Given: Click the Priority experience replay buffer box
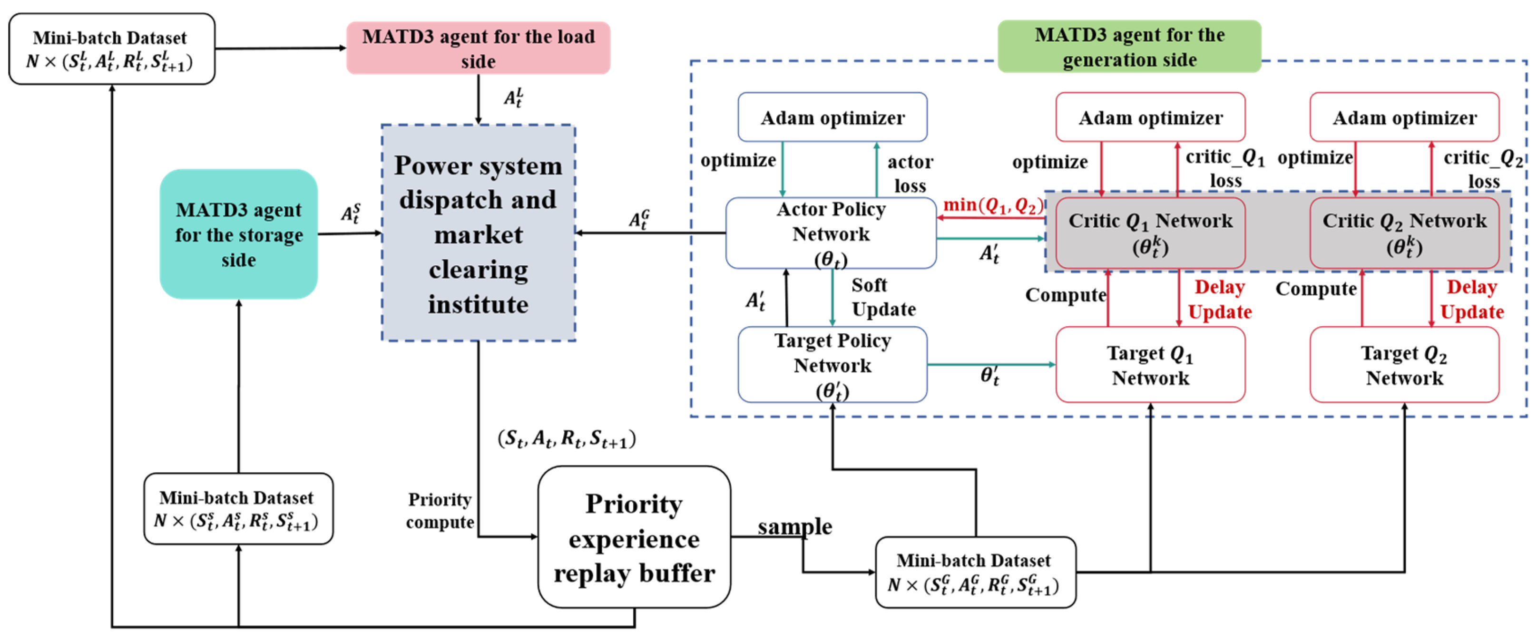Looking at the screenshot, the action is [634, 537].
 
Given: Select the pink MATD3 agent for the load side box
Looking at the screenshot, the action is [479, 49].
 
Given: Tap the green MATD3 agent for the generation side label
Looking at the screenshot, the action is [1129, 47].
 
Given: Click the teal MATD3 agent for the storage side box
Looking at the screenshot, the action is [239, 234].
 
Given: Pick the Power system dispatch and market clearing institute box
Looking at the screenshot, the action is [479, 233].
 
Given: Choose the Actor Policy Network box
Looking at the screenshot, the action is [831, 233].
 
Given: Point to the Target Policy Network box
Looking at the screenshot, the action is [832, 364].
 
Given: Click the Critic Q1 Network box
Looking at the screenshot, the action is [1150, 233].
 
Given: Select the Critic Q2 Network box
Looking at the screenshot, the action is [1405, 233].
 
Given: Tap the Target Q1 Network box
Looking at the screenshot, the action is [1150, 364].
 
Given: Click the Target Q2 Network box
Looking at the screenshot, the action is [1405, 364].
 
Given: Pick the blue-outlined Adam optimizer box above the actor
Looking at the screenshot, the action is [832, 117].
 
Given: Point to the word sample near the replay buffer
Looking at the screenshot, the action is [795, 526].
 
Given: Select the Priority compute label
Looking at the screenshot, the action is [440, 510].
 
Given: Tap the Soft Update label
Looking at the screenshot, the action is [883, 297].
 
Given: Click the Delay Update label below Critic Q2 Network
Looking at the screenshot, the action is [1472, 299].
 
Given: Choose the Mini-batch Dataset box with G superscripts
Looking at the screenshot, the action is [976, 573].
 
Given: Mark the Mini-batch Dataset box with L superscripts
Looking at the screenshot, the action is [112, 49].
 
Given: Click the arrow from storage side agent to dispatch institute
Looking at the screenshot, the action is [350, 233].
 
